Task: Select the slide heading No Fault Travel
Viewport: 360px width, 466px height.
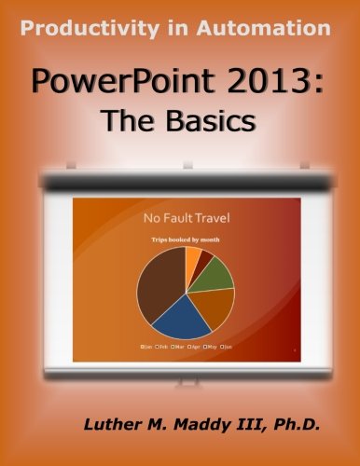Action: pos(187,220)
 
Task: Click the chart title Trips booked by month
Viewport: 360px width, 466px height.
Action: pos(187,240)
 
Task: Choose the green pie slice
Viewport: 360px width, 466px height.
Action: pos(217,272)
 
